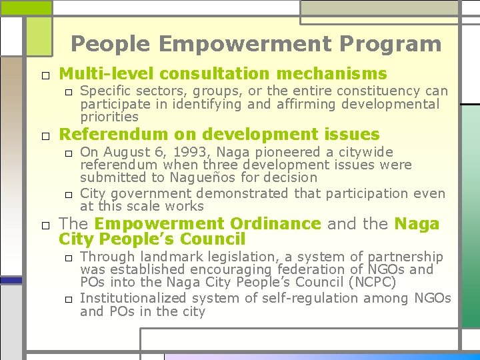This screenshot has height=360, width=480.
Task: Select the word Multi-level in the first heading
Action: click(x=107, y=73)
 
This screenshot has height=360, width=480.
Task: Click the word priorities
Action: click(x=109, y=117)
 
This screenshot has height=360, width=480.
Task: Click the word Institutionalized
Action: click(x=141, y=298)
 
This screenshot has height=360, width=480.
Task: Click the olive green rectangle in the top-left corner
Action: click(x=26, y=7)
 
